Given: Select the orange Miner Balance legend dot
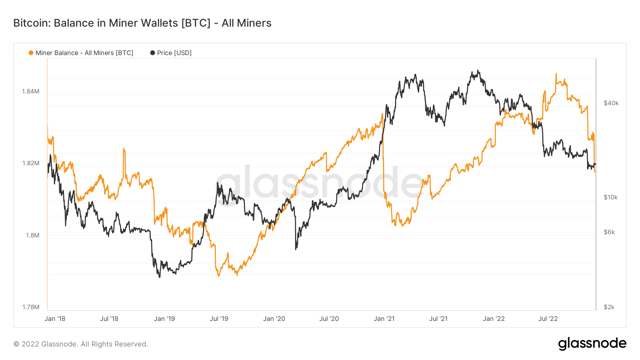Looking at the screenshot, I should click(31, 53).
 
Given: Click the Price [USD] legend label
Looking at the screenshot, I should click(174, 53).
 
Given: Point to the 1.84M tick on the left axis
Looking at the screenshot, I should click(31, 91).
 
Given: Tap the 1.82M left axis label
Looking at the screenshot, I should click(31, 163).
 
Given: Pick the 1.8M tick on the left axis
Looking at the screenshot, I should click(32, 235).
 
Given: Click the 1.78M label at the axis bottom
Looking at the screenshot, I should click(31, 307).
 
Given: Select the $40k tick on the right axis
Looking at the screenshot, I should click(611, 103).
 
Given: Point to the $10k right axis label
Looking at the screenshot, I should click(610, 197).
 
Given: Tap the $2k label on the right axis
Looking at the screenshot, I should click(609, 307).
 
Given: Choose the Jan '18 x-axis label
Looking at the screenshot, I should click(55, 319).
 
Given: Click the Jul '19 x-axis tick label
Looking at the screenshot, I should click(219, 319).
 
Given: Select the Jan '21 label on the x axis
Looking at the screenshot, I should click(384, 319).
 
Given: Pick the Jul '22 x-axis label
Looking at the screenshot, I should click(548, 319).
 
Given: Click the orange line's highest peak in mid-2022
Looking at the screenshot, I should click(556, 74).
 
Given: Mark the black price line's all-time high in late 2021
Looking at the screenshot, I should click(478, 70).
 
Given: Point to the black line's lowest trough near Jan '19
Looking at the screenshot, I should click(159, 277).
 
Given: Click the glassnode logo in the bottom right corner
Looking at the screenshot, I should click(592, 344).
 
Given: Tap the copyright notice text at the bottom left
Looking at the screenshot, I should click(81, 344).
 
